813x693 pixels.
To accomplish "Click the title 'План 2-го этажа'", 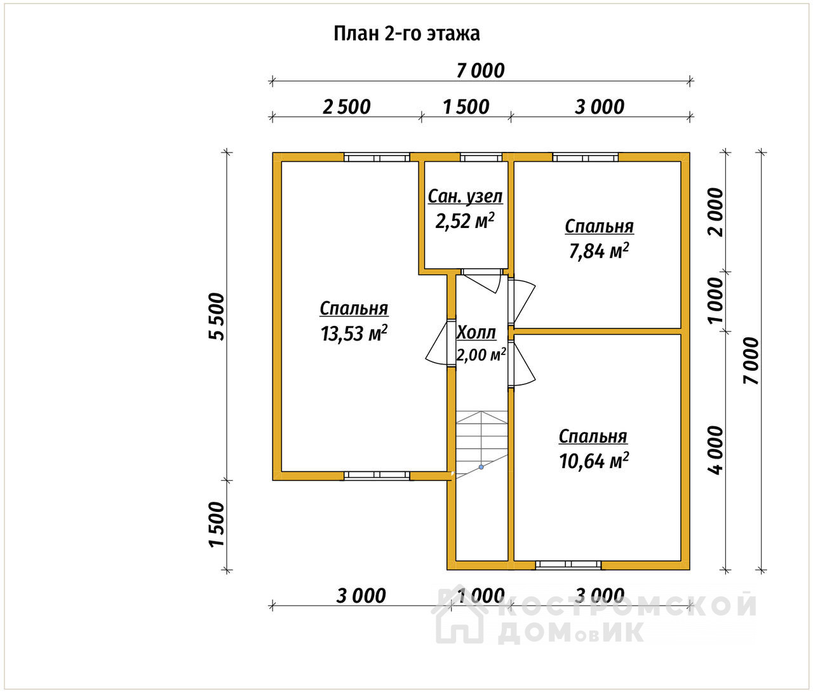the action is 406,34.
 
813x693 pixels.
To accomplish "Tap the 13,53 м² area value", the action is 354,333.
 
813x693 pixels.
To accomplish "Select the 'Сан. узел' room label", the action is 466,197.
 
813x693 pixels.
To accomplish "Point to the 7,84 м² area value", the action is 599,251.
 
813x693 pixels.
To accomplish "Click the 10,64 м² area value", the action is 593,461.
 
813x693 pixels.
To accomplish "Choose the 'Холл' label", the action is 476,333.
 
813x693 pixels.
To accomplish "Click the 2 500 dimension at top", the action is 347,107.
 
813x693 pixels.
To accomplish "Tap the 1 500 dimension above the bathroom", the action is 466,107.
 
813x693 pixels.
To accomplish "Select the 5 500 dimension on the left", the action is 217,316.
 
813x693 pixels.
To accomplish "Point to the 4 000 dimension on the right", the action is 715,450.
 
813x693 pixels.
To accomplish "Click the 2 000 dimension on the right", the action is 715,212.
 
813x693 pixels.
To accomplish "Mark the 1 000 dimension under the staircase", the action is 481,596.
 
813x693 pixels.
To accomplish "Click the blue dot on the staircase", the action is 481,467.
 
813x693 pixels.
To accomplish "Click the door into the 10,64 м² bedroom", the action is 521,365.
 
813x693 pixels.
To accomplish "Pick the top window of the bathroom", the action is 481,158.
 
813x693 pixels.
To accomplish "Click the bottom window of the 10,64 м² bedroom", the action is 568,565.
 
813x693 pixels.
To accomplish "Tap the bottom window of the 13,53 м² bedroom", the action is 377,475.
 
